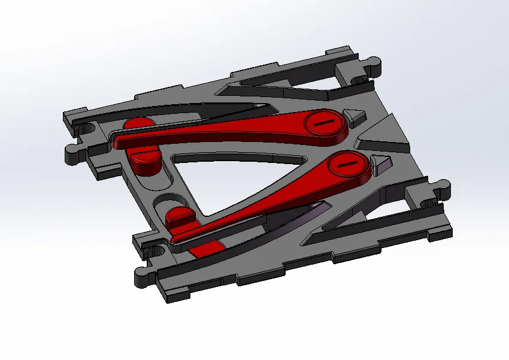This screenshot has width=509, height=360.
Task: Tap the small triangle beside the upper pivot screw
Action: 356,115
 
